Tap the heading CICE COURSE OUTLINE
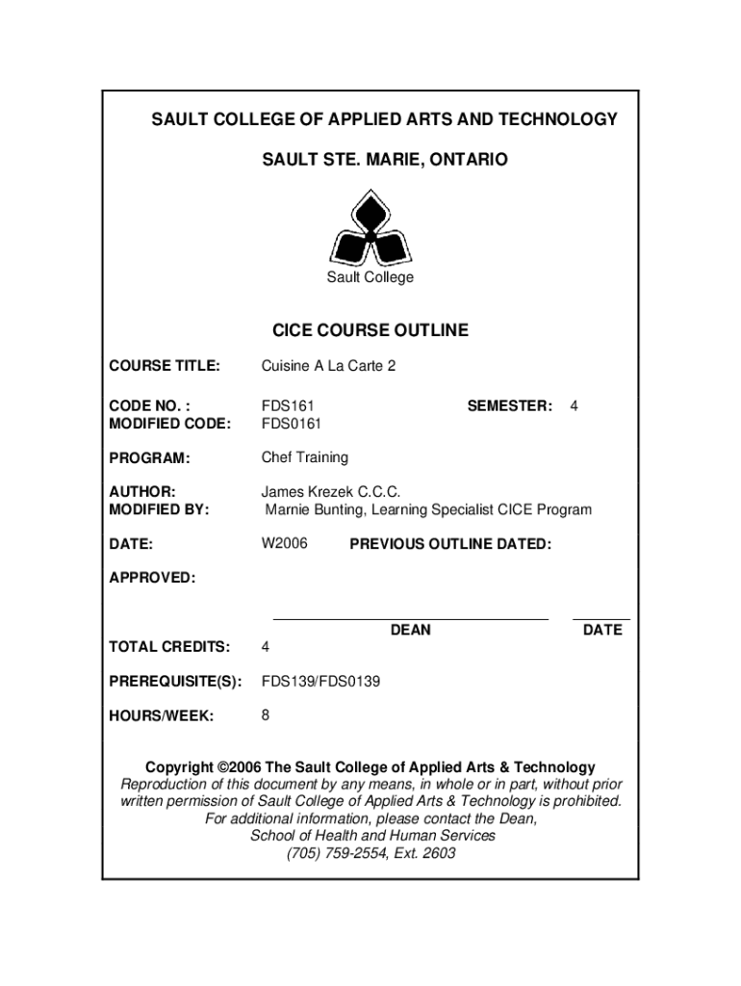(370, 330)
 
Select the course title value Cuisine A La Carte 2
(328, 366)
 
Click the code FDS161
(288, 406)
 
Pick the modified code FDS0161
(292, 424)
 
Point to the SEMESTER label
(509, 406)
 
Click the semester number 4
(574, 406)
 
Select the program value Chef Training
(305, 457)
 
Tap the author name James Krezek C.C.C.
(324, 492)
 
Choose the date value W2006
(285, 544)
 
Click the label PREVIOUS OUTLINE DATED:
(450, 545)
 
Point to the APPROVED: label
(152, 578)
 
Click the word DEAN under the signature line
(410, 630)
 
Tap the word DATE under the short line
(602, 630)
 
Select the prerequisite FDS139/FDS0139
(320, 682)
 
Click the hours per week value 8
(266, 716)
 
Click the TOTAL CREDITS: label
(168, 646)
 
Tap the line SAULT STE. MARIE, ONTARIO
(384, 159)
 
